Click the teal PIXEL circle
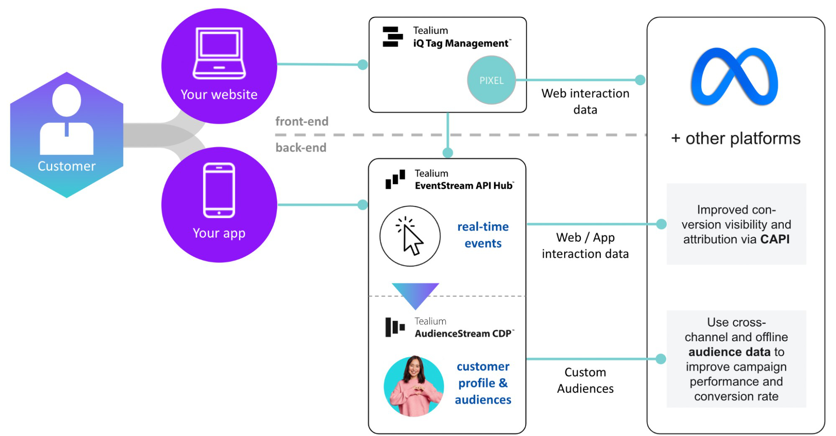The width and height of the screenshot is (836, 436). pos(491,80)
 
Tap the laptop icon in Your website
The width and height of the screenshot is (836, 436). pos(219,53)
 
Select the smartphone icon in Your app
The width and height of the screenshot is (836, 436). pos(219,190)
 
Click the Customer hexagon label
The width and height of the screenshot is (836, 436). pos(66,166)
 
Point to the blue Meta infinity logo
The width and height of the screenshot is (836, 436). pos(734,77)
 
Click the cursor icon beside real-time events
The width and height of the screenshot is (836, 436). pos(410,236)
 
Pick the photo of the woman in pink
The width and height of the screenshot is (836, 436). pos(414,386)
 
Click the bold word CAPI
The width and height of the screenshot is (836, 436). pos(775,239)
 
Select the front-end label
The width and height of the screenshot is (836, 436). pos(302,122)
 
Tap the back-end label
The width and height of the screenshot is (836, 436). pos(301,147)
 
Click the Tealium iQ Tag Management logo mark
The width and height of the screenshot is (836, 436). pos(392,37)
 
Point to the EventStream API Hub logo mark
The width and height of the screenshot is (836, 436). pos(395,179)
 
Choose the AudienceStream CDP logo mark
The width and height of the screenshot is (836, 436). pos(395,327)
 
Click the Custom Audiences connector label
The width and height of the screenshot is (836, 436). pos(585,380)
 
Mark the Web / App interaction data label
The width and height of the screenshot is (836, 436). pos(585,246)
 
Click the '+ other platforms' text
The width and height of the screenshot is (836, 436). pos(736,139)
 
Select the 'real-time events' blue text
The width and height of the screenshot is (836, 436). pos(483,235)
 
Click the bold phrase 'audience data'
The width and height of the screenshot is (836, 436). pos(729,352)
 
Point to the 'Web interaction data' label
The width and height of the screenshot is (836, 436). pos(585,101)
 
